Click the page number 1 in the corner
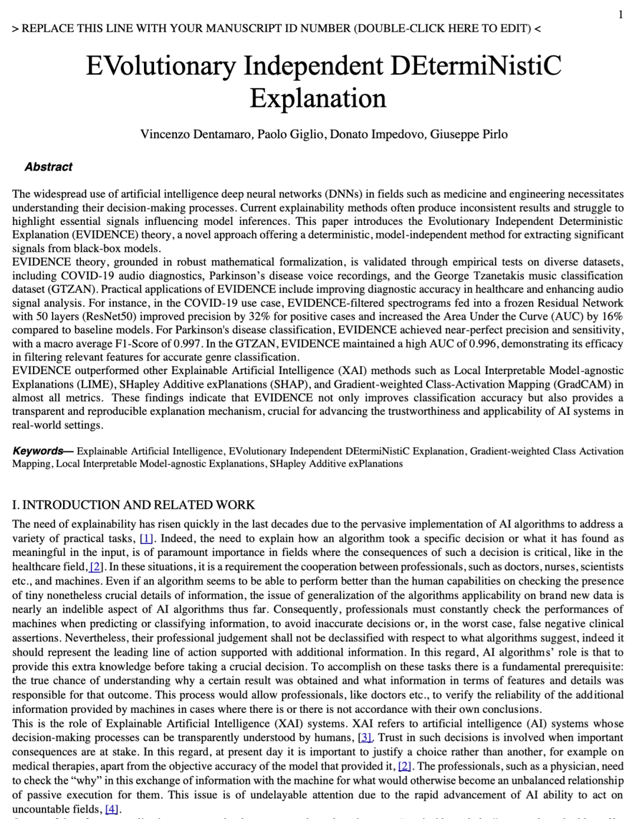[620, 15]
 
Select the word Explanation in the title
[318, 98]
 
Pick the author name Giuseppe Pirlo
[469, 134]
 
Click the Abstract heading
[48, 167]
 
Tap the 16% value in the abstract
[612, 316]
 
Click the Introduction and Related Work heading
[133, 505]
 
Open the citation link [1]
[146, 539]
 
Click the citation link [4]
[111, 809]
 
